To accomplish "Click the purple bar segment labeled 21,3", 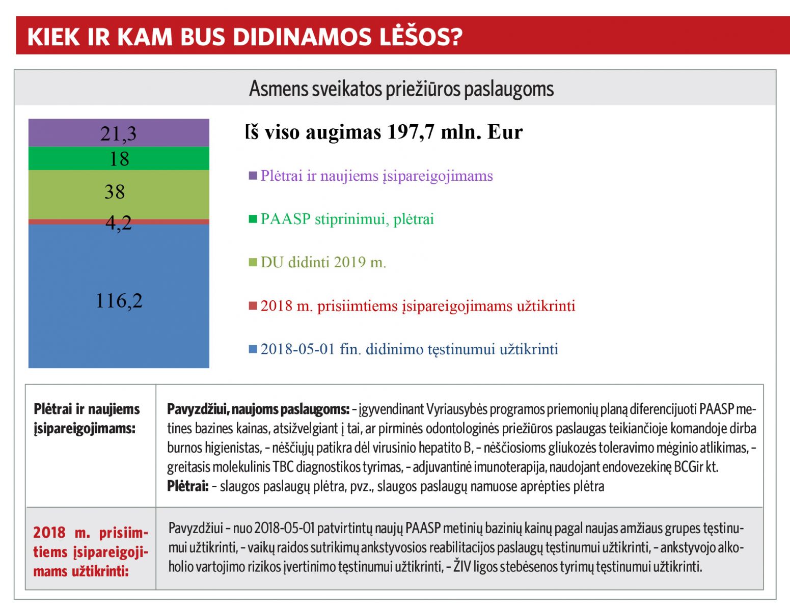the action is click(x=119, y=132).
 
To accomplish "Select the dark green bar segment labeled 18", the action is click(x=119, y=158).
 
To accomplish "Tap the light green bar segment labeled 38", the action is click(x=119, y=195).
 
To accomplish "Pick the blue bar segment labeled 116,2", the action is click(x=119, y=296).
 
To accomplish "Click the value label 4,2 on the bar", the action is click(x=119, y=223).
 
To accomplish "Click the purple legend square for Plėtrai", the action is click(x=253, y=176).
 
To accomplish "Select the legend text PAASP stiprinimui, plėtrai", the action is click(x=347, y=219).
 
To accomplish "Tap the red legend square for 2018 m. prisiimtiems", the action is click(x=253, y=306).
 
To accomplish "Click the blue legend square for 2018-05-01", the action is click(x=253, y=349).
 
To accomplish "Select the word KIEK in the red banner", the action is click(x=54, y=37).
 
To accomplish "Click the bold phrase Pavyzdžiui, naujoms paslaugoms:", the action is click(x=258, y=409).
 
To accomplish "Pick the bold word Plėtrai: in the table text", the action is click(x=187, y=486).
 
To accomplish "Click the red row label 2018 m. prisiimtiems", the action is click(x=91, y=552).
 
